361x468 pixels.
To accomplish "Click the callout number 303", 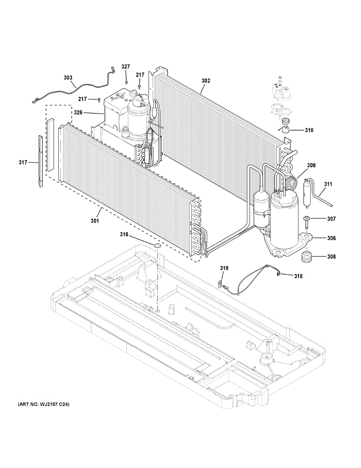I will point(68,78).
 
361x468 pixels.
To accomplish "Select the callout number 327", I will point(125,67).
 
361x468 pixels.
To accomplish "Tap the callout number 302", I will point(206,81).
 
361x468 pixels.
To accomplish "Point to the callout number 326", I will point(78,113).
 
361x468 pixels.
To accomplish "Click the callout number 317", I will point(23,162).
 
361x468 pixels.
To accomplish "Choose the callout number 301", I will point(95,221).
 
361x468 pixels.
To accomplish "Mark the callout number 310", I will point(308,130).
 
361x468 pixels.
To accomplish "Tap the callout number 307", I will point(331,219).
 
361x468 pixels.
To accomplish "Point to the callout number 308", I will point(331,257).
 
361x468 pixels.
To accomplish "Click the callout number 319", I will point(224,268).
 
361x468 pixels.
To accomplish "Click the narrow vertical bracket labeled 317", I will point(40,161).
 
